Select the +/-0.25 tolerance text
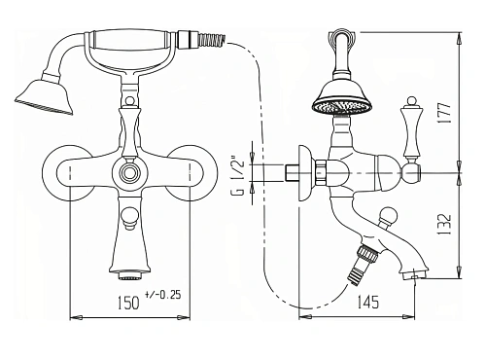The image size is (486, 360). point(163,295)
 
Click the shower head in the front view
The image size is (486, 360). point(45,96)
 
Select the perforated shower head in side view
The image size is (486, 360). point(342,96)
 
